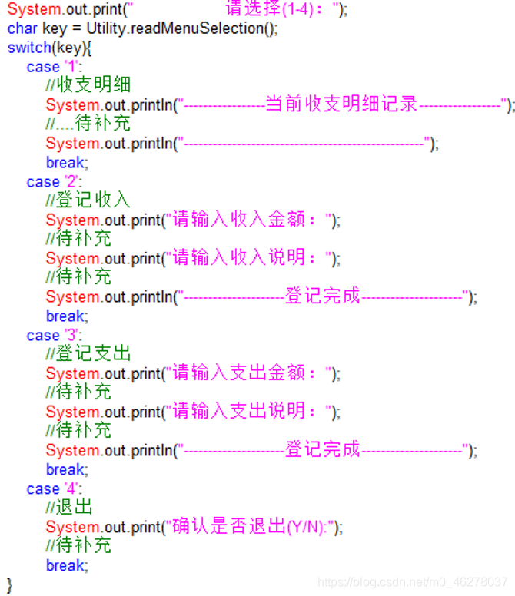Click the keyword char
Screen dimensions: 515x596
tap(20, 28)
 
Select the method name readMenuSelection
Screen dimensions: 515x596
tap(199, 28)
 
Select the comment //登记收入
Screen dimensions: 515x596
tap(88, 200)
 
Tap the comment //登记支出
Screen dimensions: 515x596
tap(88, 354)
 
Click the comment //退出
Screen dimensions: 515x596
tap(69, 508)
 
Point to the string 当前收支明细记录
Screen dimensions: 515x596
tap(341, 104)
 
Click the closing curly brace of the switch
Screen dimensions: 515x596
tap(10, 584)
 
